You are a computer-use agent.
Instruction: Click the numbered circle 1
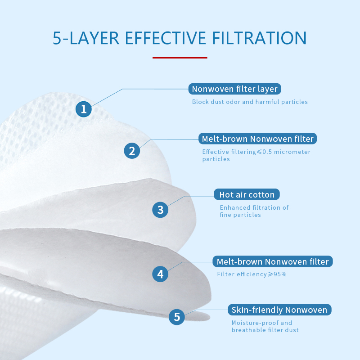84,109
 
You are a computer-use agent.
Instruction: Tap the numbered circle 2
132,151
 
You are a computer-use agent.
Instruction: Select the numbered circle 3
160,210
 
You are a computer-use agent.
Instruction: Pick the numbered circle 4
160,274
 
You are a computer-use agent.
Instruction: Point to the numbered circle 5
177,317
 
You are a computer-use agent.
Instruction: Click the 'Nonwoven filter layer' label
234,89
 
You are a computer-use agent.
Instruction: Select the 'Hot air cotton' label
247,194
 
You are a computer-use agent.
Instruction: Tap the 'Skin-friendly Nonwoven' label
279,310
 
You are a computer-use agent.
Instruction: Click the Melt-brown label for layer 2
257,139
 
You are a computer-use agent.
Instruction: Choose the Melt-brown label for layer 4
273,261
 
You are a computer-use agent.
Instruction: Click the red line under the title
180,58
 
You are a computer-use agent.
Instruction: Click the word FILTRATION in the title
260,38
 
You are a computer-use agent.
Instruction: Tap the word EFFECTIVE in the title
166,38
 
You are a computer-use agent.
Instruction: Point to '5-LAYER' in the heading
86,38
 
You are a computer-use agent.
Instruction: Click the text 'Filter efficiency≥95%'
252,274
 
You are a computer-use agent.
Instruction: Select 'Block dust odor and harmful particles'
250,102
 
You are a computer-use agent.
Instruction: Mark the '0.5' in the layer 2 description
267,152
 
